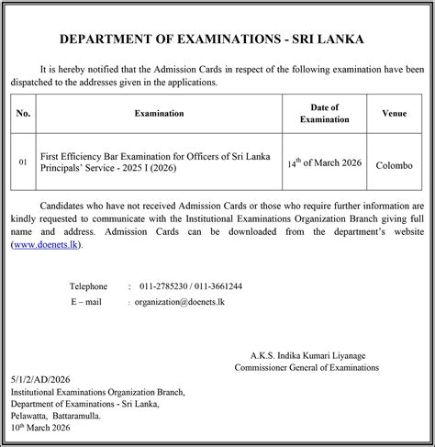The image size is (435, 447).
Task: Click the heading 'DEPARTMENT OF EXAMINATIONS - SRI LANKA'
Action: coord(217,40)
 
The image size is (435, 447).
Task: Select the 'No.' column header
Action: coord(25,113)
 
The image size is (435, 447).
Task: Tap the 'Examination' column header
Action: coord(159,113)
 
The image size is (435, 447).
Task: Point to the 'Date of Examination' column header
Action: coord(325,113)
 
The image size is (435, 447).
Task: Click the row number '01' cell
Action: coord(25,162)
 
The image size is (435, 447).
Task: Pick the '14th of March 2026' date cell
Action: coord(325,162)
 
